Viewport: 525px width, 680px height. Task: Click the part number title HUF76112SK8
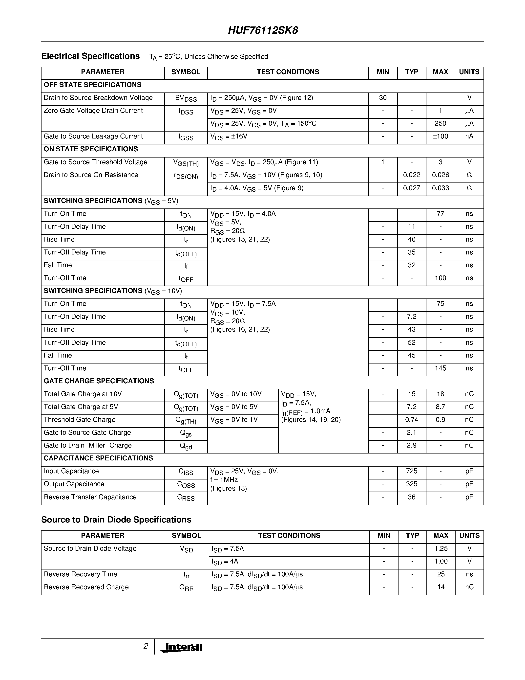point(263,30)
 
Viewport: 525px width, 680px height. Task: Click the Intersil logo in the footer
point(182,647)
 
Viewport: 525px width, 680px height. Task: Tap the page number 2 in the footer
point(146,646)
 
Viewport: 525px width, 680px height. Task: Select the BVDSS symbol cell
point(186,98)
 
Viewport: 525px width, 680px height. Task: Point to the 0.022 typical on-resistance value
point(412,175)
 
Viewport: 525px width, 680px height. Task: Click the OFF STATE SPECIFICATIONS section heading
point(92,85)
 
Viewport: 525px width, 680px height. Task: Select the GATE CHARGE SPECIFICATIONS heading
point(99,381)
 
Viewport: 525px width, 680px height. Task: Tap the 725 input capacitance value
point(412,471)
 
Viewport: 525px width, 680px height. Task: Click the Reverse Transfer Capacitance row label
point(90,497)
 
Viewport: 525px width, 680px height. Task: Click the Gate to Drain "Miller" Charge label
point(87,446)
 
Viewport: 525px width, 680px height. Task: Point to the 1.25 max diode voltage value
point(441,549)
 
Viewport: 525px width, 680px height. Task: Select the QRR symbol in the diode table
point(186,588)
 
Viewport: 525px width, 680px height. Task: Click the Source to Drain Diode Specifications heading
point(116,520)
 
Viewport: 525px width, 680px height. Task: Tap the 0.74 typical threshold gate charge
point(412,420)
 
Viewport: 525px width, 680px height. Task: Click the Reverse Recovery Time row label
point(80,574)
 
